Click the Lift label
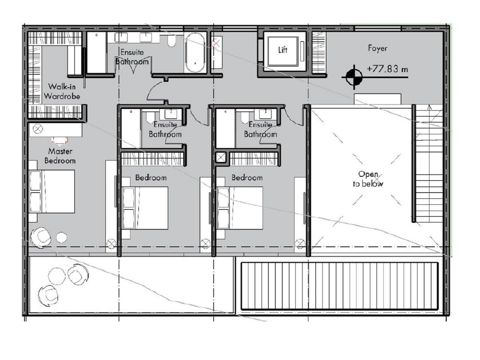[x=283, y=50]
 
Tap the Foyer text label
[x=378, y=48]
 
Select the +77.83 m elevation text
[x=387, y=69]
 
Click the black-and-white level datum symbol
[x=354, y=77]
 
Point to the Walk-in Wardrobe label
[x=62, y=91]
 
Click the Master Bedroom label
[x=60, y=156]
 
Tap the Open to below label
[x=368, y=179]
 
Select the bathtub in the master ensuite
[x=195, y=53]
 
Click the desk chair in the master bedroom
[x=60, y=141]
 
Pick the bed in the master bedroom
[x=52, y=192]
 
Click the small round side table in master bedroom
[x=62, y=237]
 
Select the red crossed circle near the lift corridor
[x=216, y=44]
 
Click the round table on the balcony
[x=57, y=276]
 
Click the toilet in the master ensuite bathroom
[x=172, y=41]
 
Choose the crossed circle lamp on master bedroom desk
[x=38, y=128]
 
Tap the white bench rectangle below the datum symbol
[x=378, y=99]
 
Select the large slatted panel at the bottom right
[x=339, y=286]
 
